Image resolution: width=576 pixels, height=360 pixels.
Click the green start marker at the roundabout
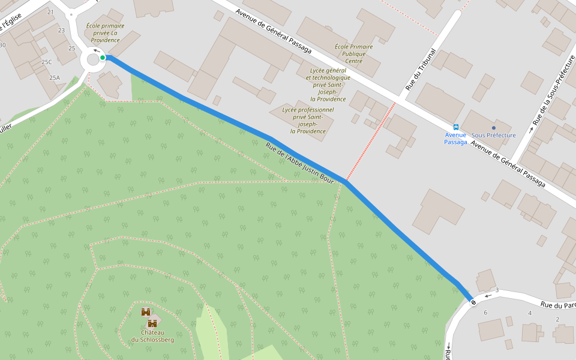[x=103, y=58]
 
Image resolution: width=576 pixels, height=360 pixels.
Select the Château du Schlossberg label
[x=152, y=336]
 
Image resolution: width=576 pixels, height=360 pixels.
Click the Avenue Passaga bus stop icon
[x=456, y=127]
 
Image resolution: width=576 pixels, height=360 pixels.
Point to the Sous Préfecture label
[x=494, y=136]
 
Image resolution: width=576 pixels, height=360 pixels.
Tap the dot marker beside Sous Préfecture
[x=494, y=127]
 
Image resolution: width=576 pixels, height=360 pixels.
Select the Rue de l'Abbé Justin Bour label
[x=299, y=162]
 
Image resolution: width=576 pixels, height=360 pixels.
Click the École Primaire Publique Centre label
[x=353, y=54]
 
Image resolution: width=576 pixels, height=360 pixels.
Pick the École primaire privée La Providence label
[x=105, y=33]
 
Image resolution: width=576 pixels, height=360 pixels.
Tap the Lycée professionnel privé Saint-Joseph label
[x=308, y=121]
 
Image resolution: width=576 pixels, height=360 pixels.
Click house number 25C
[x=46, y=62]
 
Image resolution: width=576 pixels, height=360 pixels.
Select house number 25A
[x=55, y=77]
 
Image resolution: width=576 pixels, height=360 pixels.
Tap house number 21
[x=50, y=12]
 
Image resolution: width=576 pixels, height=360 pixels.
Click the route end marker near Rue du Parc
[x=473, y=302]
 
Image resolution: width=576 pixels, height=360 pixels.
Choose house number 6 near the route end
[x=485, y=313]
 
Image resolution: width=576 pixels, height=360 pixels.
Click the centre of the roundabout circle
[x=92, y=59]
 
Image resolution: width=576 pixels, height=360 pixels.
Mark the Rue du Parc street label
[x=557, y=305]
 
